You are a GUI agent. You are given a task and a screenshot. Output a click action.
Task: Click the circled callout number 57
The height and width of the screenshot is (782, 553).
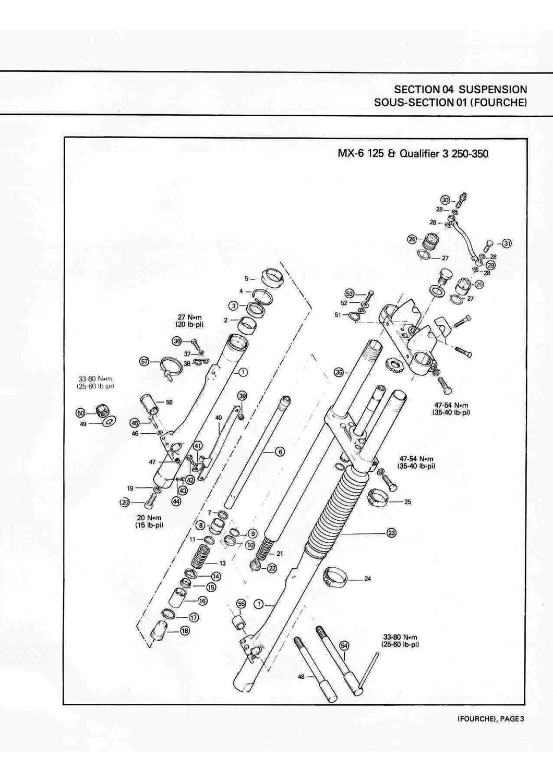tap(145, 361)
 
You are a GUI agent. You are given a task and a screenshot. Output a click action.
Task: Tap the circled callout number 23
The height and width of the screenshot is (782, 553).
tap(391, 532)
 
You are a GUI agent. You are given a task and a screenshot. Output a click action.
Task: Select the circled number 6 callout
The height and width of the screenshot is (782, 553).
tap(280, 451)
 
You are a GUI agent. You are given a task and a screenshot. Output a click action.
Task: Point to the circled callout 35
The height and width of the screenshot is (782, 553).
tap(339, 372)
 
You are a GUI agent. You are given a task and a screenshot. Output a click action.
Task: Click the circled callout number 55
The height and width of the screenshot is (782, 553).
tap(241, 603)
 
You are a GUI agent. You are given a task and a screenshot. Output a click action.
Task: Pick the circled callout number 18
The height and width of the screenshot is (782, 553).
tap(185, 630)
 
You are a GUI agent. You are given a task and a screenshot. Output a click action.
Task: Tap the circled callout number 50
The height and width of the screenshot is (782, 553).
tap(81, 412)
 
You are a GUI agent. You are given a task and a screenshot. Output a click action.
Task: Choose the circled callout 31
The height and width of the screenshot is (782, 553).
tap(507, 243)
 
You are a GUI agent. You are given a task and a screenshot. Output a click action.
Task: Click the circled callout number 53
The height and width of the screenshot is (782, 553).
tap(350, 294)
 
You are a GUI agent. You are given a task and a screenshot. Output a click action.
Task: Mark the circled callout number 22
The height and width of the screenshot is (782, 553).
tap(272, 568)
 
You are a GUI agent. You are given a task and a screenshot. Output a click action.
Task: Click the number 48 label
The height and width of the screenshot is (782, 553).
tap(301, 677)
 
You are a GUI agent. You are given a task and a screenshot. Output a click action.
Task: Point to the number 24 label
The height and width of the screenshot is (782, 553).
tap(368, 579)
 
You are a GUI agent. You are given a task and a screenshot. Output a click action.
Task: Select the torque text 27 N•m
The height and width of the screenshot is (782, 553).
tap(190, 317)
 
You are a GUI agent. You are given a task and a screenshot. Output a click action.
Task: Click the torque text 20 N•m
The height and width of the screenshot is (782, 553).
tap(149, 518)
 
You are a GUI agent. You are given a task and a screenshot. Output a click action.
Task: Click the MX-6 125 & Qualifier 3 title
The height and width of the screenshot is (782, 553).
tap(413, 154)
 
